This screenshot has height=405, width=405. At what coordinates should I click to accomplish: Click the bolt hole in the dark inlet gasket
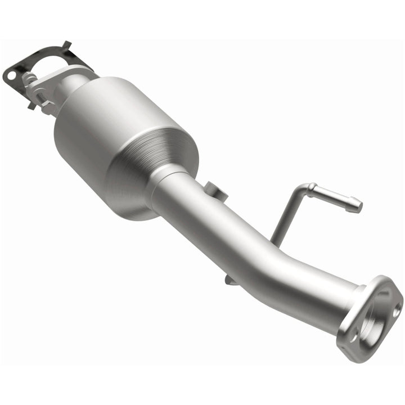click(10, 74)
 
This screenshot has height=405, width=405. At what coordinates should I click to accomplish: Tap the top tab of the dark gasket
click(66, 45)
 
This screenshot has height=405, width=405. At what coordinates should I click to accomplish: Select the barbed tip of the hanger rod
click(353, 205)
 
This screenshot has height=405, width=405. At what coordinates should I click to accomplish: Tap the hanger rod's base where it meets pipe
click(277, 239)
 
